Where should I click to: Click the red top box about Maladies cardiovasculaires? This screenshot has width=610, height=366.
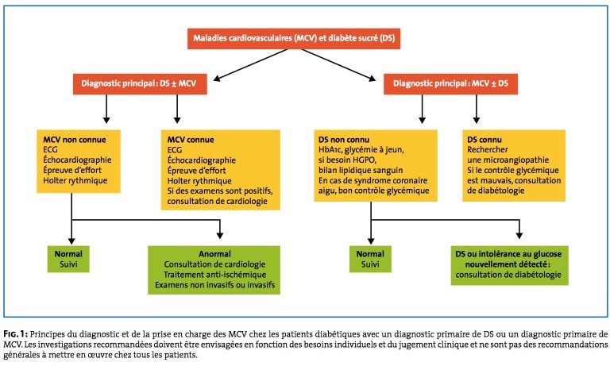tap(294, 39)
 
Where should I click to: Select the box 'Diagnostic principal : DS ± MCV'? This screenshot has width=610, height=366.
tap(140, 83)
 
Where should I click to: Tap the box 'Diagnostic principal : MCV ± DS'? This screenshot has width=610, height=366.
tap(450, 83)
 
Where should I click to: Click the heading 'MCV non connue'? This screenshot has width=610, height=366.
tap(75, 140)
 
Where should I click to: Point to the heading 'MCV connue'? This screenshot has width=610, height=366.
tap(191, 140)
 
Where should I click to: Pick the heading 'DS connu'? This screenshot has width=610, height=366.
tap(485, 140)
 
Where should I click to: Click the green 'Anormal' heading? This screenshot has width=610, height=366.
tap(214, 254)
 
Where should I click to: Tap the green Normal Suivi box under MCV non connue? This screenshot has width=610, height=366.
tap(68, 259)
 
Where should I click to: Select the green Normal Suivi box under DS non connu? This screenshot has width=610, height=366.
tap(370, 259)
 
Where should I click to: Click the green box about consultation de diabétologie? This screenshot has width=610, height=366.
tap(510, 265)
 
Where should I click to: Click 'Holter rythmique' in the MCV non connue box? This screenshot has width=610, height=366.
tap(75, 180)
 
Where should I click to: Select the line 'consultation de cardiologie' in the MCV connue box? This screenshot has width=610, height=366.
tap(218, 201)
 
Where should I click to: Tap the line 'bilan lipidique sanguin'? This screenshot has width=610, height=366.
tap(361, 171)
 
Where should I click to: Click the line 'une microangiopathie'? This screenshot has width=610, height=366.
tap(508, 160)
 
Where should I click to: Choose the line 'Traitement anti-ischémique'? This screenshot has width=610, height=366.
tap(214, 275)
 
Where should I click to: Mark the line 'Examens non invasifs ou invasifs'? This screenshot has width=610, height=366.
tap(214, 285)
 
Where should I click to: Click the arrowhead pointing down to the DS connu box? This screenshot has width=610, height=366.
tap(477, 120)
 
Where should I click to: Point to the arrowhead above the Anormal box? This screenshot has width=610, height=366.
tap(220, 235)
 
